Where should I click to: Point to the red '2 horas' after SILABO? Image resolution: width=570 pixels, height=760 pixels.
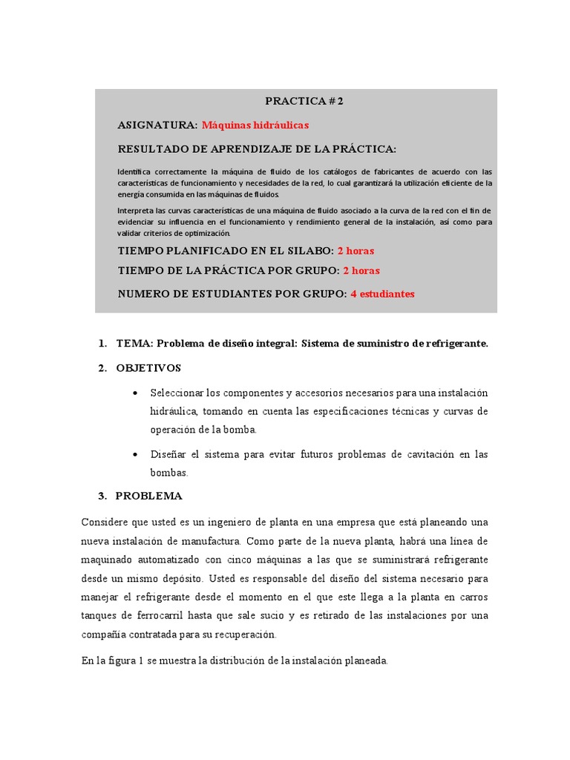click(x=356, y=251)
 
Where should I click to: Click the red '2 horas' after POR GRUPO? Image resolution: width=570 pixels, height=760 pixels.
click(x=361, y=271)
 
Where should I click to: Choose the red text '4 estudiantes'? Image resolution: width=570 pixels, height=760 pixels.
click(x=382, y=294)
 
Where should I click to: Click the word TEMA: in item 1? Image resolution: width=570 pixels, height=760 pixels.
click(x=135, y=344)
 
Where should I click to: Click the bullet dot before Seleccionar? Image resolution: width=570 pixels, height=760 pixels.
click(x=134, y=393)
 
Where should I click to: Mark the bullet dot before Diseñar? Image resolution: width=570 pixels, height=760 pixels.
click(x=134, y=454)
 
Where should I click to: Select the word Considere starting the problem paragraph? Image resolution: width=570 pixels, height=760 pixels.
click(x=107, y=522)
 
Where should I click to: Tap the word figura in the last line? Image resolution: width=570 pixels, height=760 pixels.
click(x=119, y=661)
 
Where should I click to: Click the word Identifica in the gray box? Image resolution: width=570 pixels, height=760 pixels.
click(x=137, y=171)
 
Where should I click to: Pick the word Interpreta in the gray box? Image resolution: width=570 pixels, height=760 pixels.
click(x=137, y=211)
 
